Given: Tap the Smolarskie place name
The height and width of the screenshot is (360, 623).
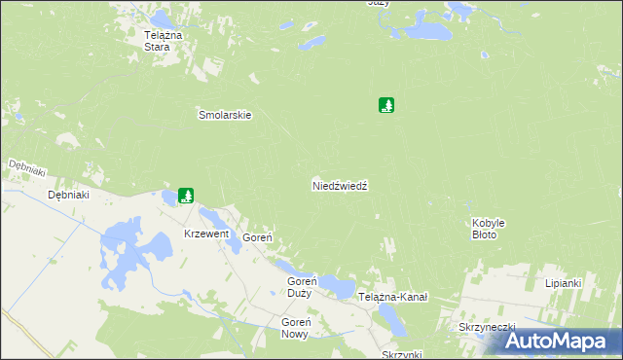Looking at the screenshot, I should point(225,114).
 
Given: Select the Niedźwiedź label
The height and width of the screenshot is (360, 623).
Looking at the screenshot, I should point(339,184).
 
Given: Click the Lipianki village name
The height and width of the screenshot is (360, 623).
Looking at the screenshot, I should point(564,283).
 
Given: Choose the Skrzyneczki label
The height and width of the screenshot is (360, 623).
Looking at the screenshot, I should point(486,327).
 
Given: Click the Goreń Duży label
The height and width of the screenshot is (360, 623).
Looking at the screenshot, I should point(299,287).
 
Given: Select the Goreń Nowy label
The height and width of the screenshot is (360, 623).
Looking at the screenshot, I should point(294,328).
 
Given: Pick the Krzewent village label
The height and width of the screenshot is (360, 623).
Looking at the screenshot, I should point(206,234).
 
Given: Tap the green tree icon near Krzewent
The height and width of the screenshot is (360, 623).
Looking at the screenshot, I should point(186,196).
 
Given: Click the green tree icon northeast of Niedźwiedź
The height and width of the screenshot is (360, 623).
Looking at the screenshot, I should point(387,105).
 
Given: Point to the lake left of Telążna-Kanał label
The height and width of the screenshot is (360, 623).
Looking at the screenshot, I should point(338,286).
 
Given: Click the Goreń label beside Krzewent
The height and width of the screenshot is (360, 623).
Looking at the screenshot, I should point(257,237).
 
